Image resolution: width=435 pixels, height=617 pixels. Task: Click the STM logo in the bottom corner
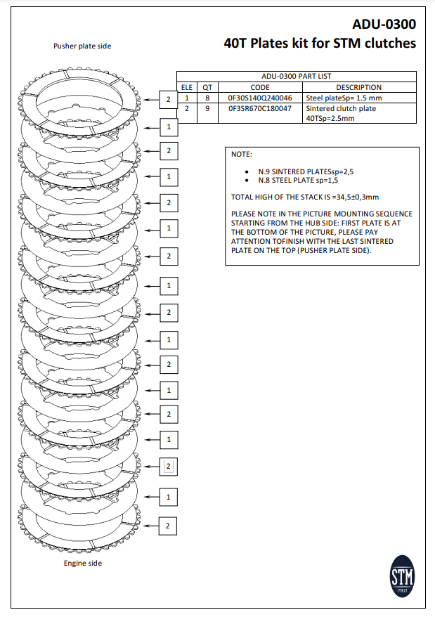click(403, 578)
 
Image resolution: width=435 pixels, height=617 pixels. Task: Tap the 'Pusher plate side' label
click(82, 46)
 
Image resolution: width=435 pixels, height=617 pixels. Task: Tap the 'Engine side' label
click(83, 563)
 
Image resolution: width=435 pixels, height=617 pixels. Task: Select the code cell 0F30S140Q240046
click(260, 98)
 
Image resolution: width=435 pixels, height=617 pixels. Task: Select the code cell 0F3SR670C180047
click(260, 109)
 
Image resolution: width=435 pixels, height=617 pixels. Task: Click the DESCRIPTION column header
click(359, 87)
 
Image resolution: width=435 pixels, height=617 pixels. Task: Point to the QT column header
click(207, 87)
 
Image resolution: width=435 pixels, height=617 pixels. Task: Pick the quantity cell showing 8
click(207, 98)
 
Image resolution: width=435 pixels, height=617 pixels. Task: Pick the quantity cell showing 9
click(207, 109)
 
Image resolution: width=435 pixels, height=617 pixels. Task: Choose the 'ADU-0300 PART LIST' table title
click(296, 76)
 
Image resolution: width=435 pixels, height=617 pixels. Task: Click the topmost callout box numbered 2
click(169, 100)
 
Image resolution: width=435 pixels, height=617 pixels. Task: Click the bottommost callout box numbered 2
click(168, 526)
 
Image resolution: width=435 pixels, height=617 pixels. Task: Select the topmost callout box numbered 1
click(169, 127)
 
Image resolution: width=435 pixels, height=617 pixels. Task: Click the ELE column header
click(186, 87)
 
